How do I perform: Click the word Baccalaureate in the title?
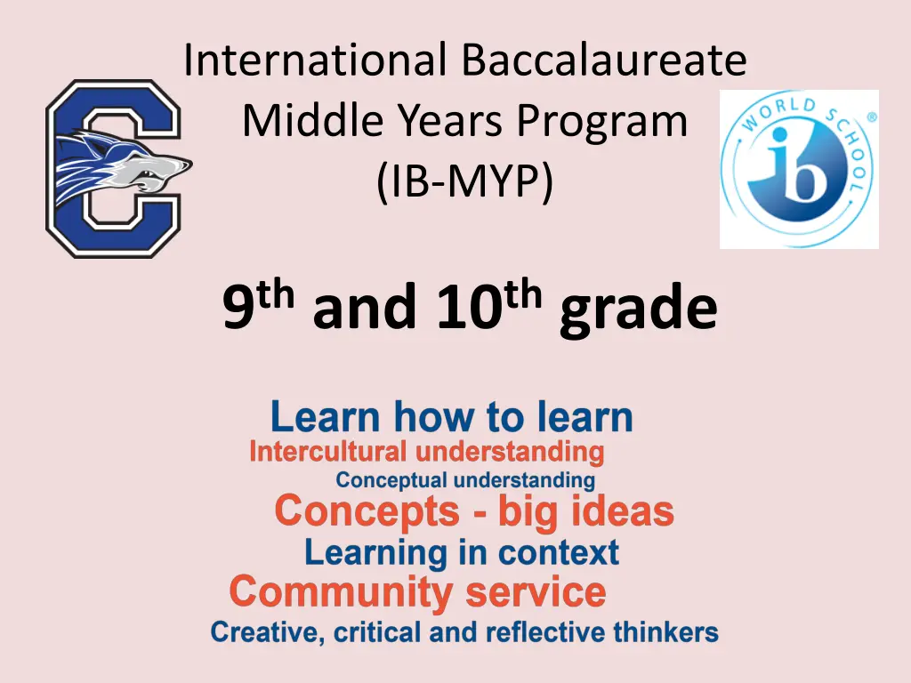604,61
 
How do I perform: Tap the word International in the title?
316,61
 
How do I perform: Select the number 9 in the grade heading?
238,309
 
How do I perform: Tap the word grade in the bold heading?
637,309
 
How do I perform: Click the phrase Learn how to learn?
452,417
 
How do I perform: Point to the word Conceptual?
391,481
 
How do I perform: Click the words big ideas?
584,512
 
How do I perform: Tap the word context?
558,553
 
